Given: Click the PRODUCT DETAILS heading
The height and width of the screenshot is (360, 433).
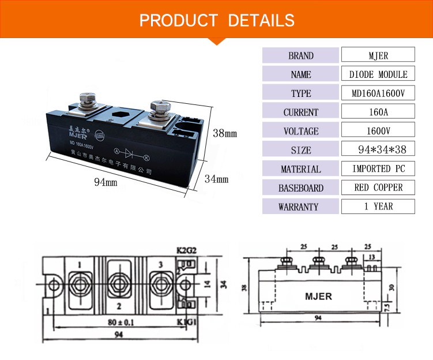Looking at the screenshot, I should (x=217, y=21).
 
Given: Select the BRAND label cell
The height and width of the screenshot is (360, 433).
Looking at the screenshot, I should (x=301, y=55).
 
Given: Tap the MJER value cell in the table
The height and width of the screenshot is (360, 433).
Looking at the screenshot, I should (x=378, y=55).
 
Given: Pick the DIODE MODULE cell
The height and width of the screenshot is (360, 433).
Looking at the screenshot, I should (x=378, y=74).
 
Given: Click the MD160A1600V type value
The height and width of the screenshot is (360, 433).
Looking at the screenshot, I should (x=378, y=93).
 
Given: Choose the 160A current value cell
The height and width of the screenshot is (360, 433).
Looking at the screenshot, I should (x=378, y=112).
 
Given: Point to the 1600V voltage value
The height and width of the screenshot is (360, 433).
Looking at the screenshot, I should (x=378, y=131).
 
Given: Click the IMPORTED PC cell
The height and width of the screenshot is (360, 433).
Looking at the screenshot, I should (x=378, y=169).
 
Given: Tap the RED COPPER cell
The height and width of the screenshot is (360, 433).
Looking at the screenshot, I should (x=378, y=187).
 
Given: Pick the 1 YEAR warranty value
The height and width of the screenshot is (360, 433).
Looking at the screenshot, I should (x=378, y=207).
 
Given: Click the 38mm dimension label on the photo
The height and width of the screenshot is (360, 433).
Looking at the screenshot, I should (x=225, y=133).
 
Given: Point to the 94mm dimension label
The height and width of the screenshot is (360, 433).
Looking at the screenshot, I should (x=106, y=182).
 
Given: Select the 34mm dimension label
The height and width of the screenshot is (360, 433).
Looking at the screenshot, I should (x=216, y=179).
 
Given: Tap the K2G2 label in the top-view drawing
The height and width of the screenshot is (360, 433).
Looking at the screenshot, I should (x=186, y=251).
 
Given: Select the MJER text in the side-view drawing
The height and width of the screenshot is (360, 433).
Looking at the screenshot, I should (x=318, y=297).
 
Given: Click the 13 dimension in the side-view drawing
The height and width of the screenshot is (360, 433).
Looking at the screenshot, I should (x=372, y=256).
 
